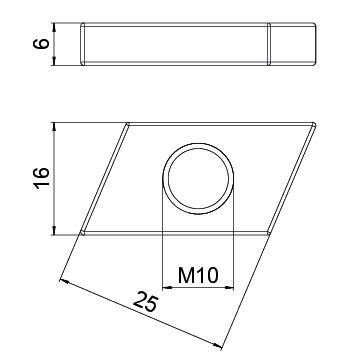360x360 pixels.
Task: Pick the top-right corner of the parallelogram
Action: (x=317, y=124)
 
